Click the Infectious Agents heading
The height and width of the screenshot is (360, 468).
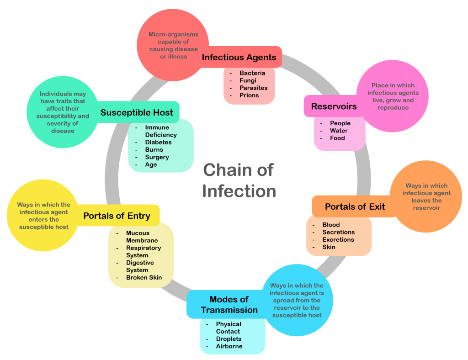(x=239, y=57)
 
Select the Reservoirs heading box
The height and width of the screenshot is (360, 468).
(x=334, y=106)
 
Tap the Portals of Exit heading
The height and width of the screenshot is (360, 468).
(x=355, y=206)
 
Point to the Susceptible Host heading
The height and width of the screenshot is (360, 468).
(x=137, y=112)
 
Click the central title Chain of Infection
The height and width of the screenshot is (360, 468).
(x=239, y=180)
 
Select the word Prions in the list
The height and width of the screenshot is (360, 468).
(x=249, y=95)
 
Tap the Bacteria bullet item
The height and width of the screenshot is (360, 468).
(x=252, y=73)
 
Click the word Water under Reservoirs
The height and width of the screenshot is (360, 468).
(x=339, y=131)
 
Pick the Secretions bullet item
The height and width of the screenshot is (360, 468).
(x=338, y=232)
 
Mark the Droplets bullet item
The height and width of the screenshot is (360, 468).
(x=229, y=339)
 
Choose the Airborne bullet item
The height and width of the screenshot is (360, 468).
(x=229, y=346)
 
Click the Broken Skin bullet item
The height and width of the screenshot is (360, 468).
(x=144, y=277)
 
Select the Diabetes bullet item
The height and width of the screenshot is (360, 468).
(x=158, y=142)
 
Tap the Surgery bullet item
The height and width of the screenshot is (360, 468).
(x=157, y=157)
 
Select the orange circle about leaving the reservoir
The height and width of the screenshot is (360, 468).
(x=426, y=196)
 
